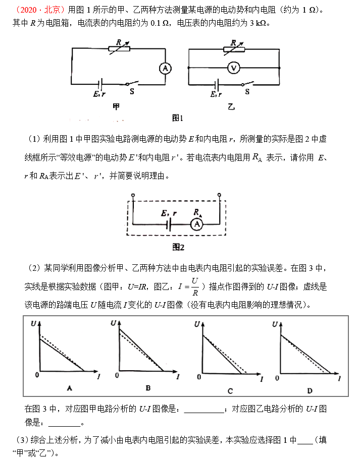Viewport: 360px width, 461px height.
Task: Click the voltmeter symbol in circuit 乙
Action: coord(233,68)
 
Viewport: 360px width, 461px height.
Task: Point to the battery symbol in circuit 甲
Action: coord(101,84)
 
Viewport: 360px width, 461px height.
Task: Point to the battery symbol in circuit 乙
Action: coord(218,84)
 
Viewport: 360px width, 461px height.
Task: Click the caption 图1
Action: coord(177,118)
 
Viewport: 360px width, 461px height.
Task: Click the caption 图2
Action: coord(179,248)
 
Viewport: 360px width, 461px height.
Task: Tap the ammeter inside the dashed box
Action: coord(197,222)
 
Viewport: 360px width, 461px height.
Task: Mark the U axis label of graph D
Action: coord(275,324)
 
